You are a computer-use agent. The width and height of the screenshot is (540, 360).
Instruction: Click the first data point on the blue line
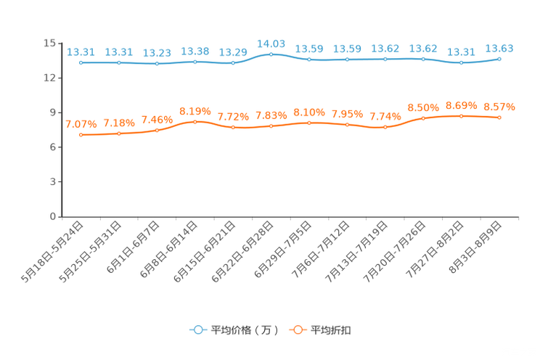pyautogui.click(x=81, y=63)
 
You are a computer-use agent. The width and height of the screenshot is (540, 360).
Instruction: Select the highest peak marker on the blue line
pyautogui.click(x=271, y=54)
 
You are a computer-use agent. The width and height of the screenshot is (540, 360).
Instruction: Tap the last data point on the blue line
pyautogui.click(x=499, y=59)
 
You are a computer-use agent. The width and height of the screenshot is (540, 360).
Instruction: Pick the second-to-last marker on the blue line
pyautogui.click(x=461, y=63)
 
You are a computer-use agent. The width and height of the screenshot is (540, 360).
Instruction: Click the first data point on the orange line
pyautogui.click(x=81, y=135)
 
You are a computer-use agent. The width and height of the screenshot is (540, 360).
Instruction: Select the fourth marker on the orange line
pyautogui.click(x=195, y=122)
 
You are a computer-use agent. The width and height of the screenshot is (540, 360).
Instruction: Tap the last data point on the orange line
pyautogui.click(x=499, y=117)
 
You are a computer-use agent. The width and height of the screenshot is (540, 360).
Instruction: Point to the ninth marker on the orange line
pyautogui.click(x=385, y=127)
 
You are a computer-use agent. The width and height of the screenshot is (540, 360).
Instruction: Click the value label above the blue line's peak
pyautogui.click(x=271, y=44)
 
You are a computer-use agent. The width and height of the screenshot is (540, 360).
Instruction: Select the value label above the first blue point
pyautogui.click(x=81, y=52)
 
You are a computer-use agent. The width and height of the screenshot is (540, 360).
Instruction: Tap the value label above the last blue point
pyautogui.click(x=499, y=49)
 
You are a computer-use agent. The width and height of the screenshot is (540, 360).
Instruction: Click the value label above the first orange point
pyautogui.click(x=81, y=124)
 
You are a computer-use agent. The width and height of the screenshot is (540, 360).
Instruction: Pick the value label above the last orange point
pyautogui.click(x=499, y=107)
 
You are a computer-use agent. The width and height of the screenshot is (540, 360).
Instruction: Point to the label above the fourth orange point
pyautogui.click(x=195, y=112)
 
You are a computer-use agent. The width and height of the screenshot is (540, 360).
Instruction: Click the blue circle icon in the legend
pyautogui.click(x=197, y=330)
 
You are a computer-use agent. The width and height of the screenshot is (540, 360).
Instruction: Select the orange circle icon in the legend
pyautogui.click(x=297, y=330)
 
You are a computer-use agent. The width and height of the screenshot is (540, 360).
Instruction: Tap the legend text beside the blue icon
pyautogui.click(x=245, y=330)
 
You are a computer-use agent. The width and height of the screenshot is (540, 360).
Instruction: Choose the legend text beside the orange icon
pyautogui.click(x=332, y=330)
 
